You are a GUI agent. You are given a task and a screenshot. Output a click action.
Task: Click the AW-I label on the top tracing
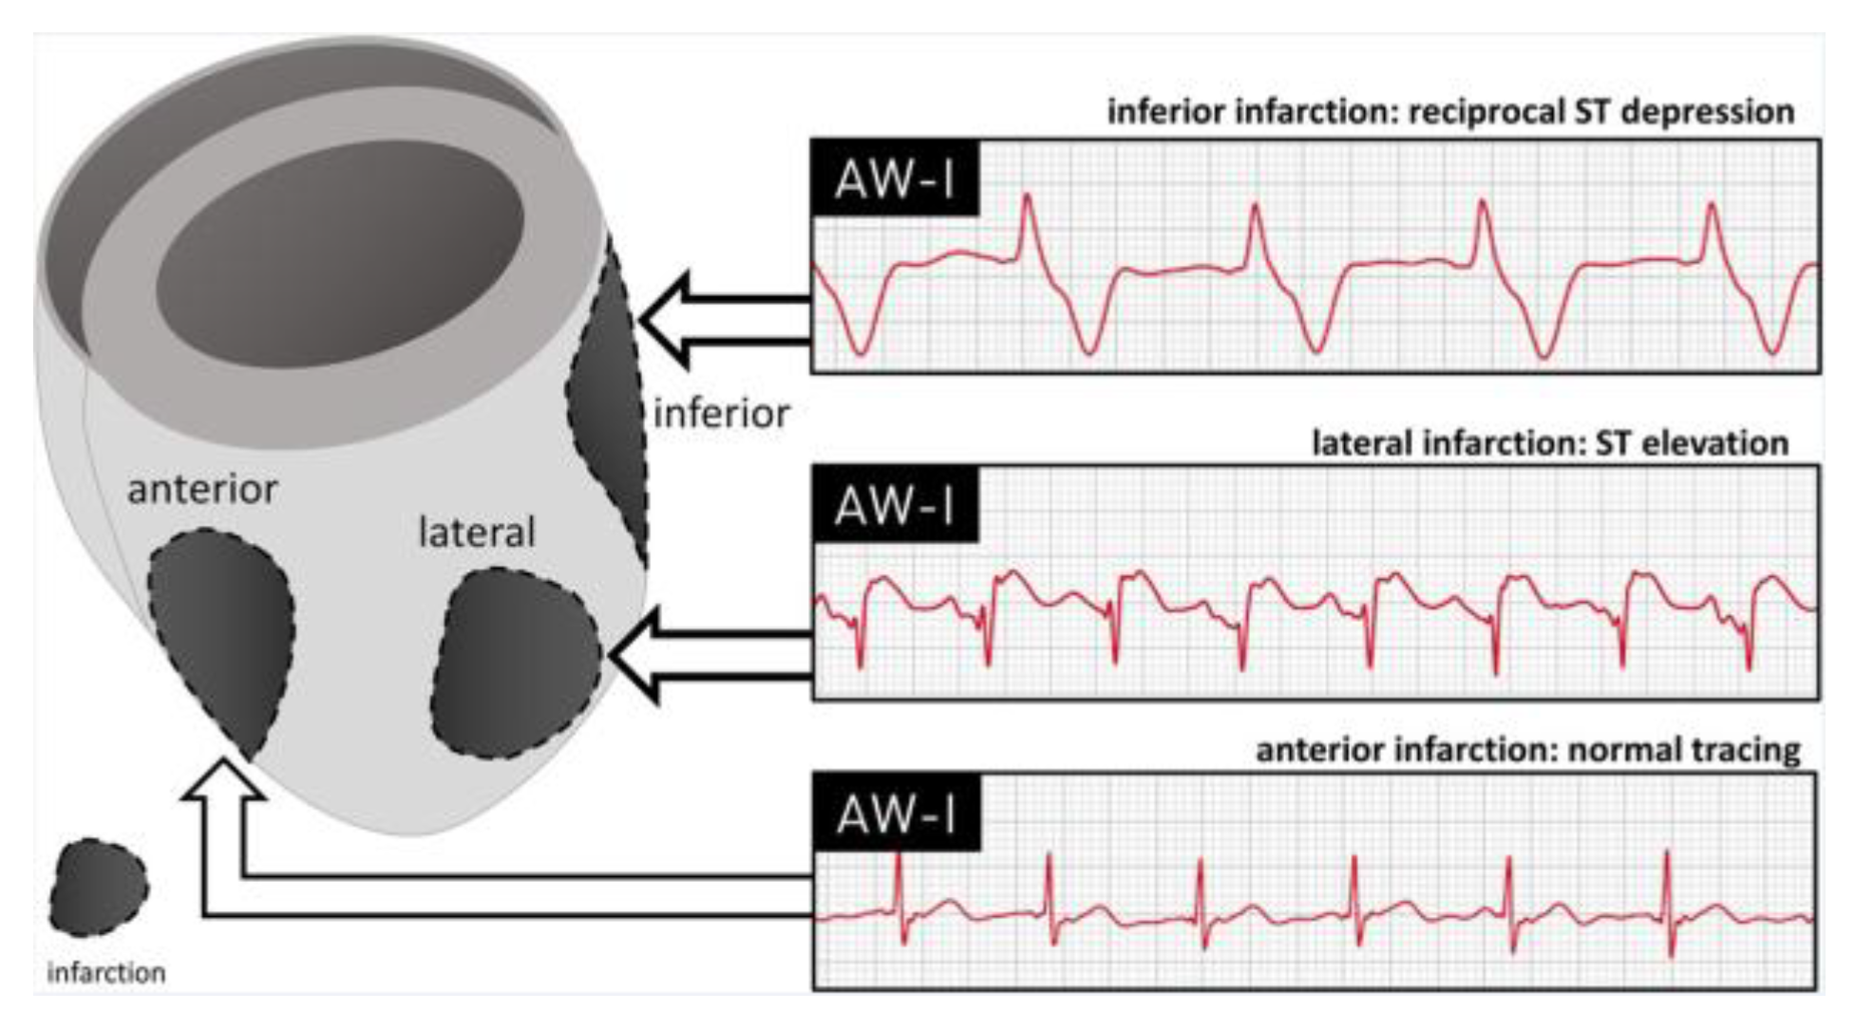(x=894, y=178)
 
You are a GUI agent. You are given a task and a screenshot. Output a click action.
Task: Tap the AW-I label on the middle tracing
(x=894, y=504)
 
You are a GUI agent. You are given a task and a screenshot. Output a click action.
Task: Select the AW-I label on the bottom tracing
(x=896, y=813)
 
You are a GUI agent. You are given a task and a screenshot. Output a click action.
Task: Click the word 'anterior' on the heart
(x=202, y=490)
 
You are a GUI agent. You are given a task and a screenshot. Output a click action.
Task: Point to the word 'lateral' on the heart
(x=477, y=533)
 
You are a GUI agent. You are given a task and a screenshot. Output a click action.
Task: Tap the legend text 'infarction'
(x=106, y=973)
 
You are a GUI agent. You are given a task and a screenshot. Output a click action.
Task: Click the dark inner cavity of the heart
(x=339, y=253)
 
